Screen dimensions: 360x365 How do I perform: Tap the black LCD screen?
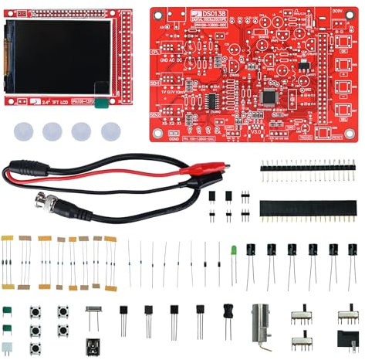pos(59,56)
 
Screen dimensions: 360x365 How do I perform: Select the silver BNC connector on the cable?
pos(49,203)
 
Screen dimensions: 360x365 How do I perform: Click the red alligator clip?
pos(197,175)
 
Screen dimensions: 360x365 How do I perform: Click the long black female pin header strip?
pos(308,209)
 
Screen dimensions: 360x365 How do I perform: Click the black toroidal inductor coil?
pos(228,311)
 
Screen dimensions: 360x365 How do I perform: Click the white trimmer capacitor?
pos(7,348)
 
